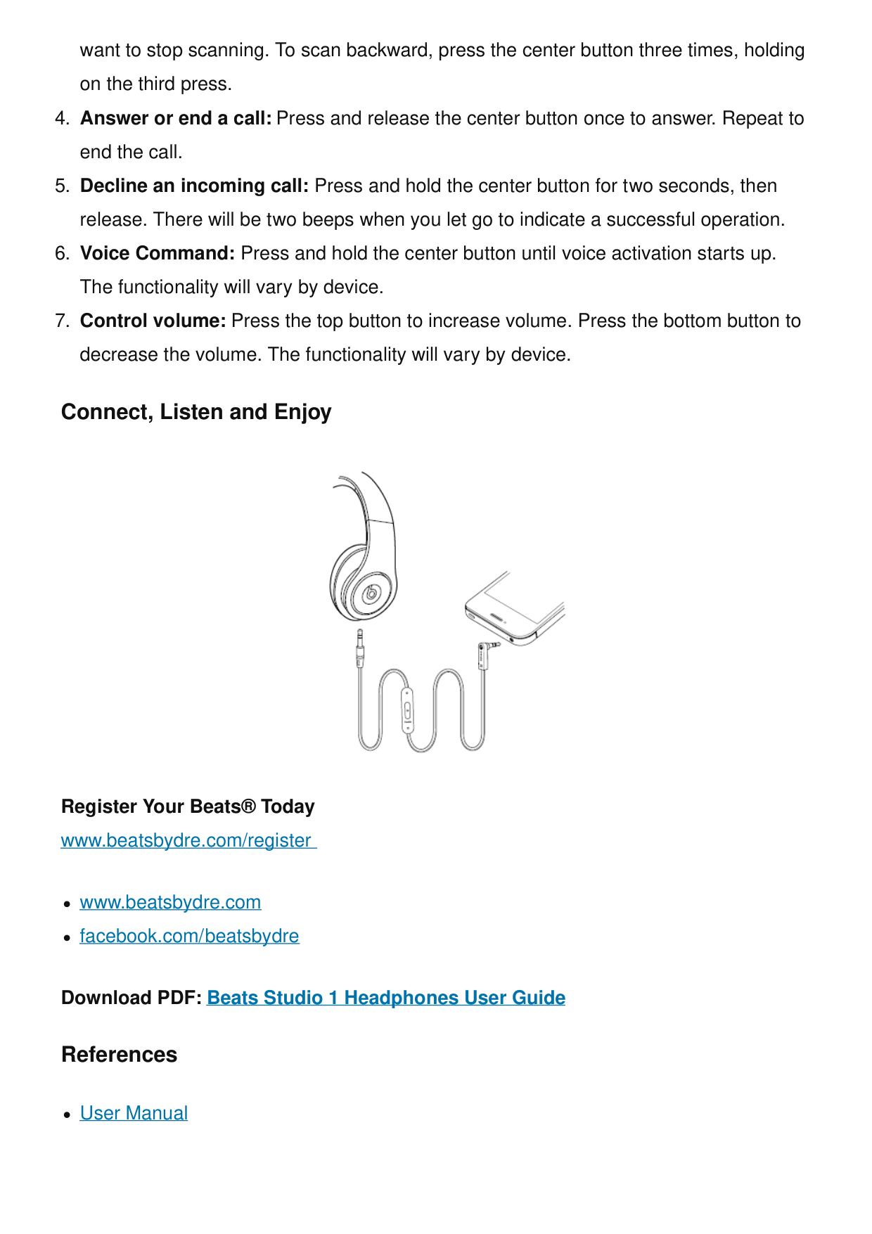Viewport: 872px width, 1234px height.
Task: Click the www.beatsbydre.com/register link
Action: (187, 840)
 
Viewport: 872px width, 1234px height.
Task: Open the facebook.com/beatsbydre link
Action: (189, 936)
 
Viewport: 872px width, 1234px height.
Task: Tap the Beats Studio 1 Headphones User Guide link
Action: (385, 998)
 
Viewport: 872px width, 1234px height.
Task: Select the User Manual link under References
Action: (134, 1113)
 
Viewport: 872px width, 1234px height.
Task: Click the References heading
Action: (119, 1055)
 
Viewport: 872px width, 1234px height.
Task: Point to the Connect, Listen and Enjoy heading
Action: (196, 412)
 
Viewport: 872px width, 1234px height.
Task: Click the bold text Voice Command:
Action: (158, 253)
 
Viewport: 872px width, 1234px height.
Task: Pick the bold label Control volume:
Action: (153, 321)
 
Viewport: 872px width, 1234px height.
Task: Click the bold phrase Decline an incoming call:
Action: (194, 186)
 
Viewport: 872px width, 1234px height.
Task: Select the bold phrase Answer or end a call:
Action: (176, 118)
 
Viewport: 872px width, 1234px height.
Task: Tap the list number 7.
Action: (61, 321)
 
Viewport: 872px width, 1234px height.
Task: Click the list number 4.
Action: (61, 118)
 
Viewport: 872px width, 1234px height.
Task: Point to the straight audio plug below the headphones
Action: (360, 648)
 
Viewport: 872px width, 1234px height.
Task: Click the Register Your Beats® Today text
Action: (188, 806)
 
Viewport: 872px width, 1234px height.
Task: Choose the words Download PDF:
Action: (132, 998)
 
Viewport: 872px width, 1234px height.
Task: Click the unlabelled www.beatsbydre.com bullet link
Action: (170, 902)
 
